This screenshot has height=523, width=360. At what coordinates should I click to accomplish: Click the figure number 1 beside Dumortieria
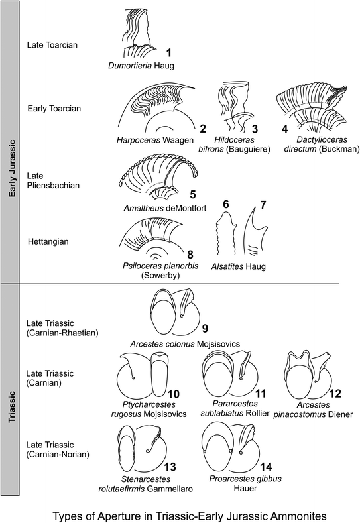[168, 52]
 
